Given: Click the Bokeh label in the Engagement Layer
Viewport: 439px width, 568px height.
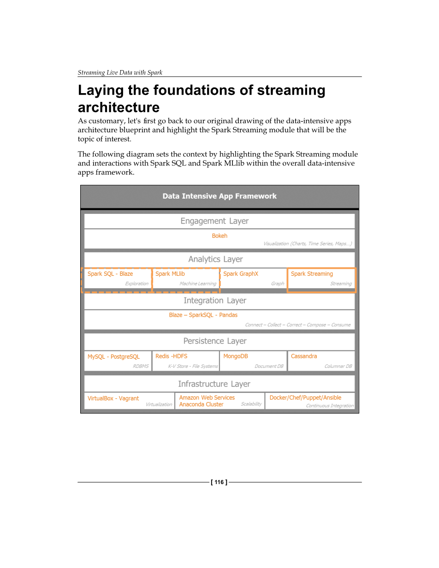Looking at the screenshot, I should (219, 236).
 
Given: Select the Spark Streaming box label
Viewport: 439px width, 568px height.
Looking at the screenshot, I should (312, 274).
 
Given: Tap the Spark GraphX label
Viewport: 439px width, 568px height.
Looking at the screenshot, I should (241, 274).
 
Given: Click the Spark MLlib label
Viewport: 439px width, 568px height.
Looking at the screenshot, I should (170, 274).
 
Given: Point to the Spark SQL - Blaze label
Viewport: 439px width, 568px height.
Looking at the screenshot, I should (110, 274).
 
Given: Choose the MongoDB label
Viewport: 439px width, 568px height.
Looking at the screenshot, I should (236, 356).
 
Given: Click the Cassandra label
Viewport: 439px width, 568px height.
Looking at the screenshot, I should (304, 356).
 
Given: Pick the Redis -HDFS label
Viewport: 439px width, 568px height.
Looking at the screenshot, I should (172, 356).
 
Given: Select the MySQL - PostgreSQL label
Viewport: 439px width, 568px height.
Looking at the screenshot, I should (113, 357).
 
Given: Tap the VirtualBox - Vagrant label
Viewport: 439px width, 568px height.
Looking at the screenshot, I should (113, 398).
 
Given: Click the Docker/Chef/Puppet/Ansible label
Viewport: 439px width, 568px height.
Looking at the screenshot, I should (305, 397).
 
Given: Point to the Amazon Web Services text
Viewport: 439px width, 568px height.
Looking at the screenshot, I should (207, 397).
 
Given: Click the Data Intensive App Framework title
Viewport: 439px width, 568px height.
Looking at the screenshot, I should (219, 196).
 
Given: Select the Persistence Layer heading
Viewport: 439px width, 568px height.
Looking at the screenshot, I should (215, 341).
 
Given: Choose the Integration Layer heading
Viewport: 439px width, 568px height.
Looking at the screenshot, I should (215, 301).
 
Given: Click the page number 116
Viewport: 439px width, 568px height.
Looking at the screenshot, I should (219, 482).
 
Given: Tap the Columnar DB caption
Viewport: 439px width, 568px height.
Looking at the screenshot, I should (338, 367).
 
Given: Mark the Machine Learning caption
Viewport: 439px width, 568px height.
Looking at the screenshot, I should (198, 284).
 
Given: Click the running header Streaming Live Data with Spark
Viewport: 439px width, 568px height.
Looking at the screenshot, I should (120, 72).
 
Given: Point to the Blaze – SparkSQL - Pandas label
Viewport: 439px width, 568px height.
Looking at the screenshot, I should (203, 315).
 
